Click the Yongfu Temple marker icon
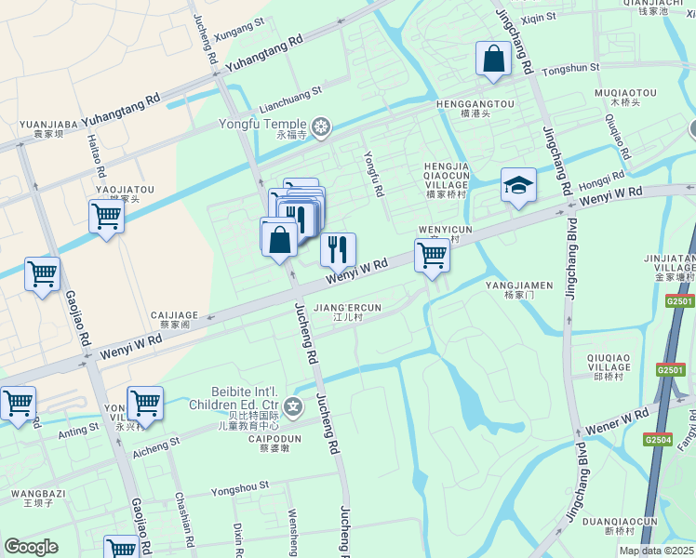click(x=322, y=126)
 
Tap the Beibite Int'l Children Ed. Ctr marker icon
click(x=294, y=406)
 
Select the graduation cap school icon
click(x=518, y=185)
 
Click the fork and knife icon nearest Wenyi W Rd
click(x=338, y=249)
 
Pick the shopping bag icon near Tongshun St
click(x=493, y=59)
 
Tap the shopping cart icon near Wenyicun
click(x=432, y=255)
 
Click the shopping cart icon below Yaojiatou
click(x=106, y=217)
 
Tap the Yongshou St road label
click(x=240, y=486)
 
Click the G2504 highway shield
click(x=657, y=440)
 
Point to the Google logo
click(x=31, y=547)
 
